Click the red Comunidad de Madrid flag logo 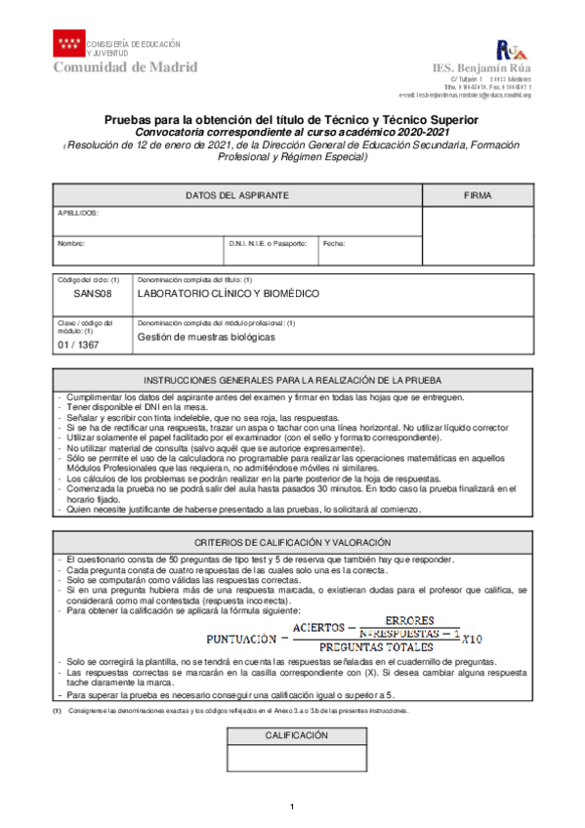click(x=69, y=43)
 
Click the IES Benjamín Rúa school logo click(x=512, y=50)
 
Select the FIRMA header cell click(x=478, y=196)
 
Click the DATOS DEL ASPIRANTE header click(x=236, y=196)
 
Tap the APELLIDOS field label click(x=78, y=212)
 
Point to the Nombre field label click(x=71, y=243)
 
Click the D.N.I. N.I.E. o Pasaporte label click(x=268, y=243)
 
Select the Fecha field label click(x=333, y=243)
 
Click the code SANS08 click(x=93, y=293)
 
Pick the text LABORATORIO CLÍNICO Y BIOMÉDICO click(x=228, y=293)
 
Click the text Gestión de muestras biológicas click(x=206, y=337)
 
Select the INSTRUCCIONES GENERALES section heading click(x=292, y=380)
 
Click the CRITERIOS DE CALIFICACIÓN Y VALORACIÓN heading click(x=292, y=542)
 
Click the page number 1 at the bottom click(x=292, y=806)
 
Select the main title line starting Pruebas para click(x=292, y=115)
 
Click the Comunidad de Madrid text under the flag click(x=124, y=66)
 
